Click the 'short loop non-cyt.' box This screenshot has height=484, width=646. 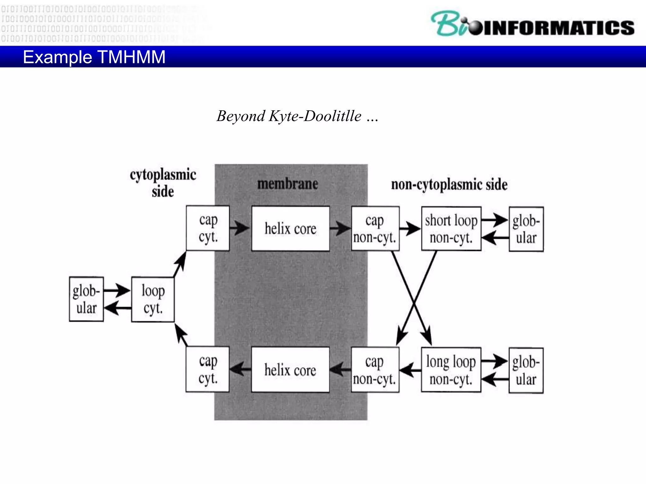coord(451,229)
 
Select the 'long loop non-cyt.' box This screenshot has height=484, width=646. coord(451,370)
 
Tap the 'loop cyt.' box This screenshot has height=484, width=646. coord(153,299)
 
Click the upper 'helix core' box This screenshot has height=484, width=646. coord(291,229)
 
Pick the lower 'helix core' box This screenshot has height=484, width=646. coord(290,370)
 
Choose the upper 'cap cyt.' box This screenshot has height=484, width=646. coord(208,228)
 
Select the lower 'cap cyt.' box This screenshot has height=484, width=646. coord(208,369)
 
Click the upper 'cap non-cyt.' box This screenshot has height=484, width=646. coord(375,229)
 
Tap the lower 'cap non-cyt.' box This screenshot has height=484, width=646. coord(375,370)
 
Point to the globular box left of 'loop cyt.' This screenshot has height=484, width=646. coord(86,299)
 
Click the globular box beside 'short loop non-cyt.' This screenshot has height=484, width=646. coord(526,229)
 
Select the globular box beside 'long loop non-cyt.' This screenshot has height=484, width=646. coord(526,371)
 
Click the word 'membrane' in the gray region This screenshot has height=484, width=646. coord(287,184)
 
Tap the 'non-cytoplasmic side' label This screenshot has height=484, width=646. coord(449,184)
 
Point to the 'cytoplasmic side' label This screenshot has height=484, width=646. coord(163,183)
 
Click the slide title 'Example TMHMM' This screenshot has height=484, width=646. coord(94,57)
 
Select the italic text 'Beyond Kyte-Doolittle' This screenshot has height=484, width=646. coord(289,116)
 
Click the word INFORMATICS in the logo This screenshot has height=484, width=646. coord(558,28)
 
